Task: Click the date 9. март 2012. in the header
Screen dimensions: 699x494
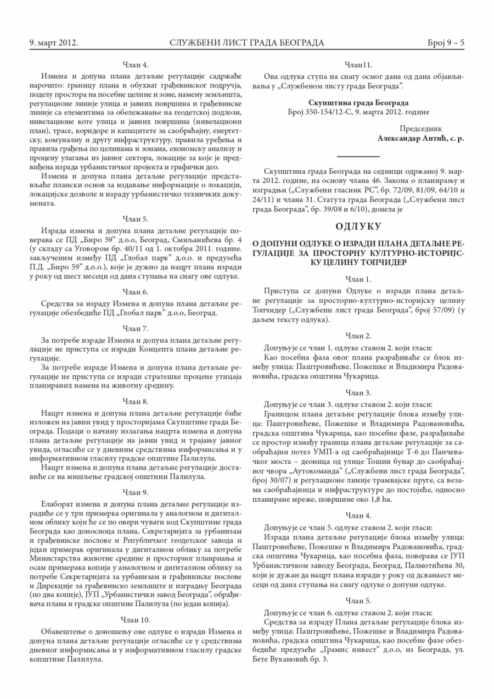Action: pyautogui.click(x=53, y=42)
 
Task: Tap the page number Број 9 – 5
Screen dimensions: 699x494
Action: pyautogui.click(x=446, y=42)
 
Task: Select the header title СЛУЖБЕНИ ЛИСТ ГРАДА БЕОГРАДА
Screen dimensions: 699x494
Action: pyautogui.click(x=246, y=42)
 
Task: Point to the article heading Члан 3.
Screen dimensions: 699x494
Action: pyautogui.click(x=358, y=393)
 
